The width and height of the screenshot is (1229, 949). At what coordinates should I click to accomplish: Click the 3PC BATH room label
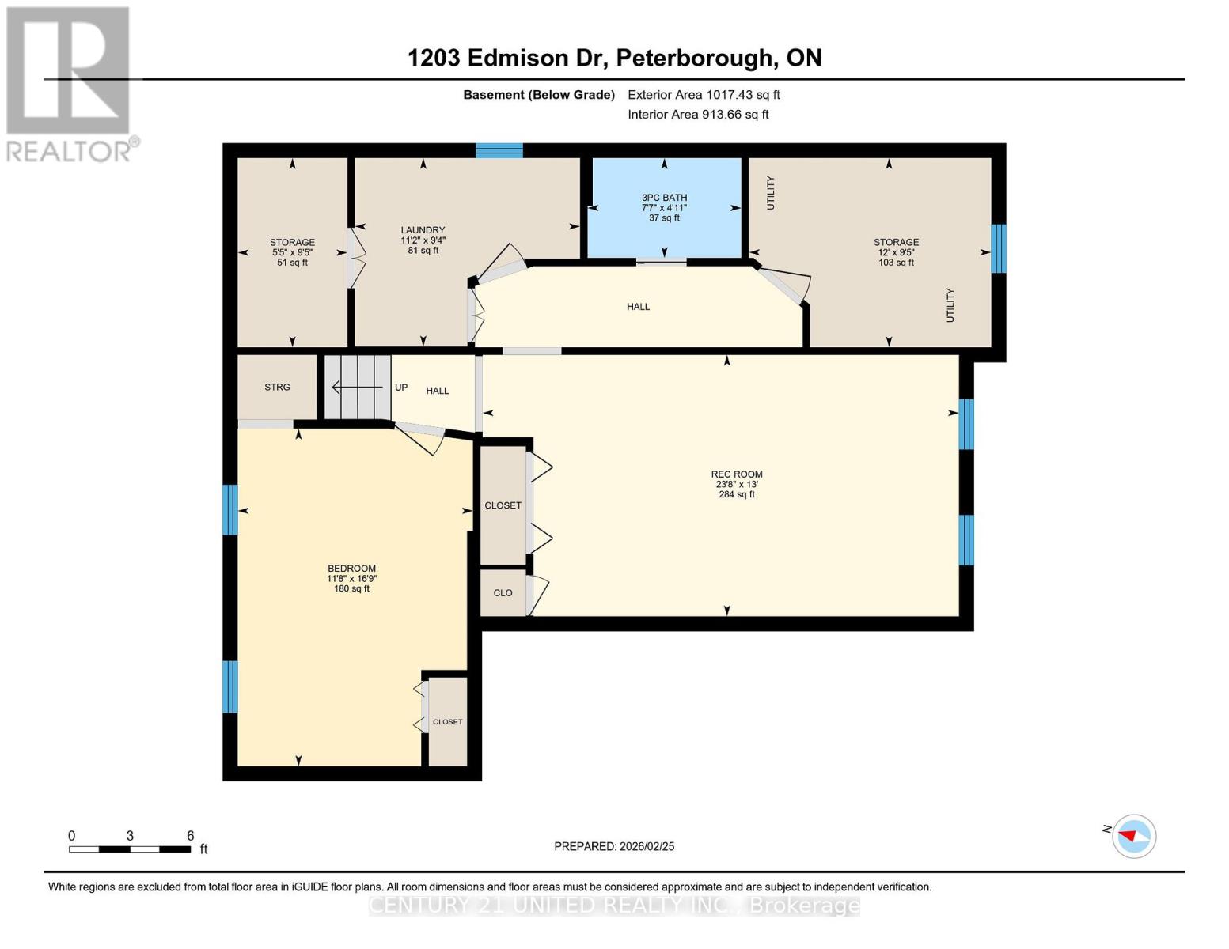pos(664,198)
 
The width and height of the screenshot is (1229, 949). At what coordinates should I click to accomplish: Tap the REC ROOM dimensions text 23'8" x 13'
pos(736,485)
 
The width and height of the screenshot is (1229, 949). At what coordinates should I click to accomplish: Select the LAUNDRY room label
pos(423,230)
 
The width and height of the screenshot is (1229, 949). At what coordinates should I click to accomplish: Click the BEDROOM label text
pos(351,569)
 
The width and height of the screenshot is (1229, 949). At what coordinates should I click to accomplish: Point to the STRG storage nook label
pos(277,388)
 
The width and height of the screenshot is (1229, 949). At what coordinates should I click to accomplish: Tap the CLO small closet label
pos(503,593)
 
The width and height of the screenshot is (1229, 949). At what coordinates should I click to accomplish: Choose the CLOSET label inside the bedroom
pos(447,722)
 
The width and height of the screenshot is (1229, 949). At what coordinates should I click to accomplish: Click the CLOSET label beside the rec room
pos(503,505)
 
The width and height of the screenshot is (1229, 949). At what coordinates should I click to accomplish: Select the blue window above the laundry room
pos(499,150)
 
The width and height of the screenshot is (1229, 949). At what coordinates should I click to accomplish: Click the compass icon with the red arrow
pos(1134,836)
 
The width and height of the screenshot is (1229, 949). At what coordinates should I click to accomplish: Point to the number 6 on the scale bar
pos(190,836)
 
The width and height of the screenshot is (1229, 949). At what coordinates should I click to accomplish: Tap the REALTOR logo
pos(70,83)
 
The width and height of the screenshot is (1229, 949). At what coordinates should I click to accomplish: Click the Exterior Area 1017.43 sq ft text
pos(704,95)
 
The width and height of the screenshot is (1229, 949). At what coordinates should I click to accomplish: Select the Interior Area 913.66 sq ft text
pos(698,115)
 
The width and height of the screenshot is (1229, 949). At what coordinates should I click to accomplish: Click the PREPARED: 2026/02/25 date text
pos(614,846)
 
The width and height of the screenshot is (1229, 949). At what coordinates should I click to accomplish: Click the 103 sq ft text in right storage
pos(896,263)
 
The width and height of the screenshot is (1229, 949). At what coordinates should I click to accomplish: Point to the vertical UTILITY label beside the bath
pos(770,192)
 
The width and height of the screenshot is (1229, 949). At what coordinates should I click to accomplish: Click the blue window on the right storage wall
pos(998,248)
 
